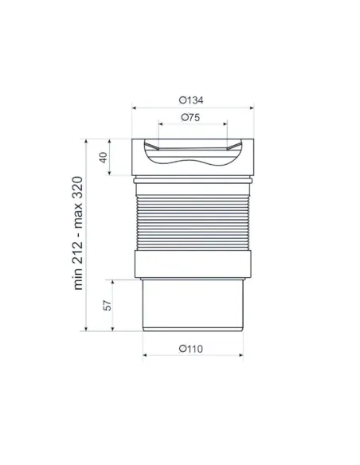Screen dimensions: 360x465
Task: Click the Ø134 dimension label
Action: coord(191,100)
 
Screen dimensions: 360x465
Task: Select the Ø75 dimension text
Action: coord(190,117)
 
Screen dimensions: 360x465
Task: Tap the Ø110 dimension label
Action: coord(191,349)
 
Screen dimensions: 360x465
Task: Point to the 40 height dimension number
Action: coord(103,157)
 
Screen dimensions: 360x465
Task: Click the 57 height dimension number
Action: coord(108,306)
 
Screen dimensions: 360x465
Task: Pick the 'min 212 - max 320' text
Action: coord(78,233)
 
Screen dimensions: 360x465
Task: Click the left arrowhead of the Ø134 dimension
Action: coord(134,108)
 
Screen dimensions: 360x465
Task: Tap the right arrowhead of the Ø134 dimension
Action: coord(252,108)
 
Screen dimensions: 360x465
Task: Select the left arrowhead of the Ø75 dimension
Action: coord(161,124)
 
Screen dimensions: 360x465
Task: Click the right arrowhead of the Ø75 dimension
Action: coord(225,124)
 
